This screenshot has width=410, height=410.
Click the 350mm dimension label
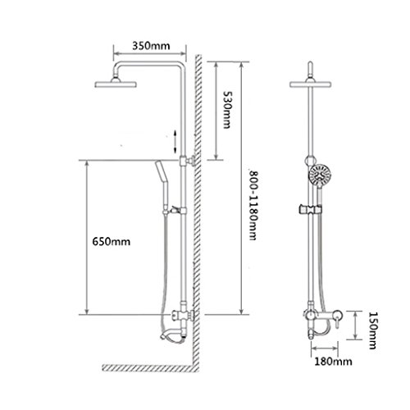coord(151,46)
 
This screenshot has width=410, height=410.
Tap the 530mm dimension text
coord(226,109)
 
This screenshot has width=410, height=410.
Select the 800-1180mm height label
coord(253,205)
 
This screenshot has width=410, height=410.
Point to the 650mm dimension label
coord(112,242)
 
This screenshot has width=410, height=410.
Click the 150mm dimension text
coord(372,330)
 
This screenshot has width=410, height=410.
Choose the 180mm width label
coord(333,362)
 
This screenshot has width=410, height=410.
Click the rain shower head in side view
coord(116,83)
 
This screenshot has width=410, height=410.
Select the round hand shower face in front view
coord(320,175)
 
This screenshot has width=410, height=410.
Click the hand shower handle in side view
coord(162,187)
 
